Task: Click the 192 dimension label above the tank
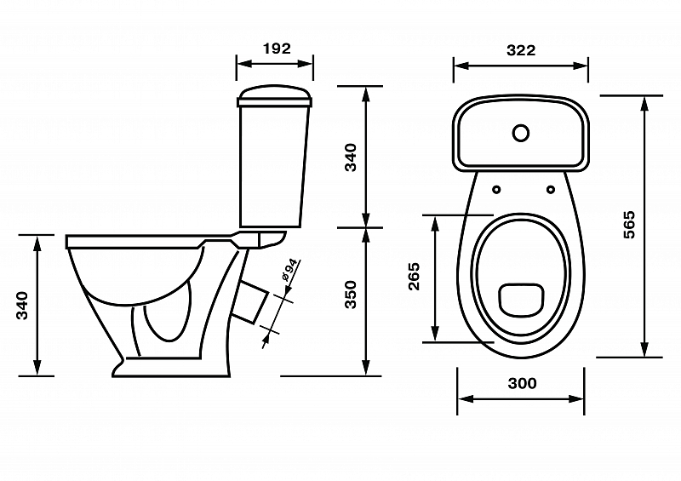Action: [274, 49]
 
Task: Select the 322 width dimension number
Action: [520, 50]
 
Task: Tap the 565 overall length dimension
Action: [629, 224]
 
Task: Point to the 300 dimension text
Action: [521, 383]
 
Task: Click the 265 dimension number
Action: [415, 277]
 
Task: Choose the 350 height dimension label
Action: [350, 293]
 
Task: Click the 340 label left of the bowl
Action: [23, 305]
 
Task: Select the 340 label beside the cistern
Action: [350, 157]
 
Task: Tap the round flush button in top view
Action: [520, 133]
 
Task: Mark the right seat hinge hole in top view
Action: [552, 189]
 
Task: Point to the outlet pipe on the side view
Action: [249, 303]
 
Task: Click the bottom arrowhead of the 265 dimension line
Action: [436, 337]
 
